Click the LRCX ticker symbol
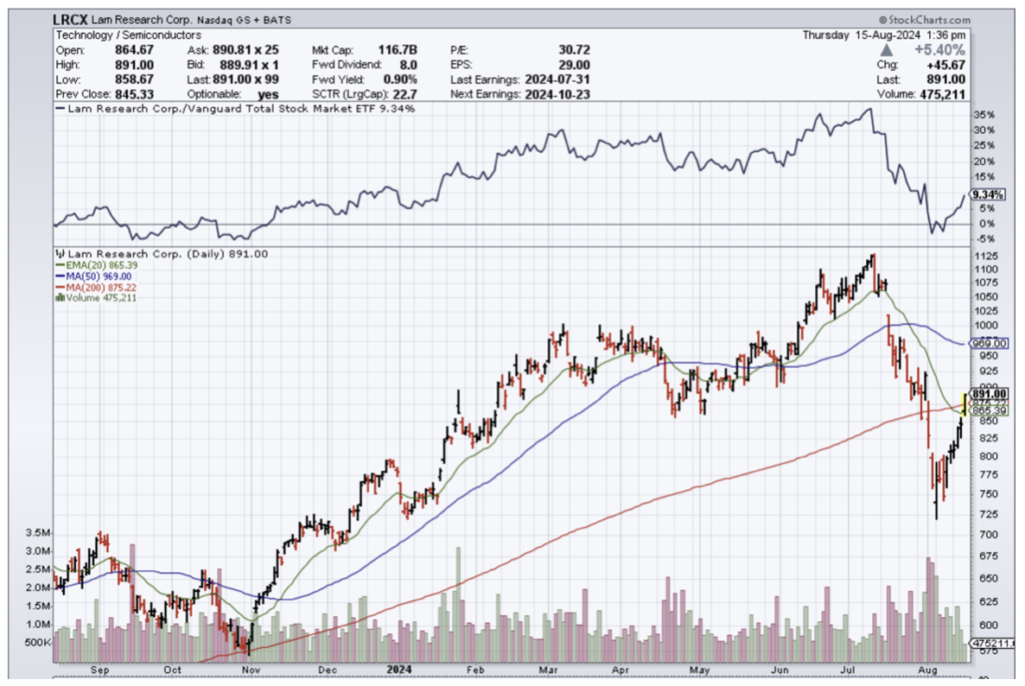(x=73, y=20)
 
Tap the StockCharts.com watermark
(x=925, y=20)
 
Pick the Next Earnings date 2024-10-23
(x=556, y=93)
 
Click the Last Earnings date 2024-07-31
(x=556, y=79)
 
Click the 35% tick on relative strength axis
(x=983, y=114)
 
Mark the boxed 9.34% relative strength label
(x=986, y=194)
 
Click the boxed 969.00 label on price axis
(x=988, y=343)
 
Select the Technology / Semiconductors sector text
(x=129, y=35)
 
